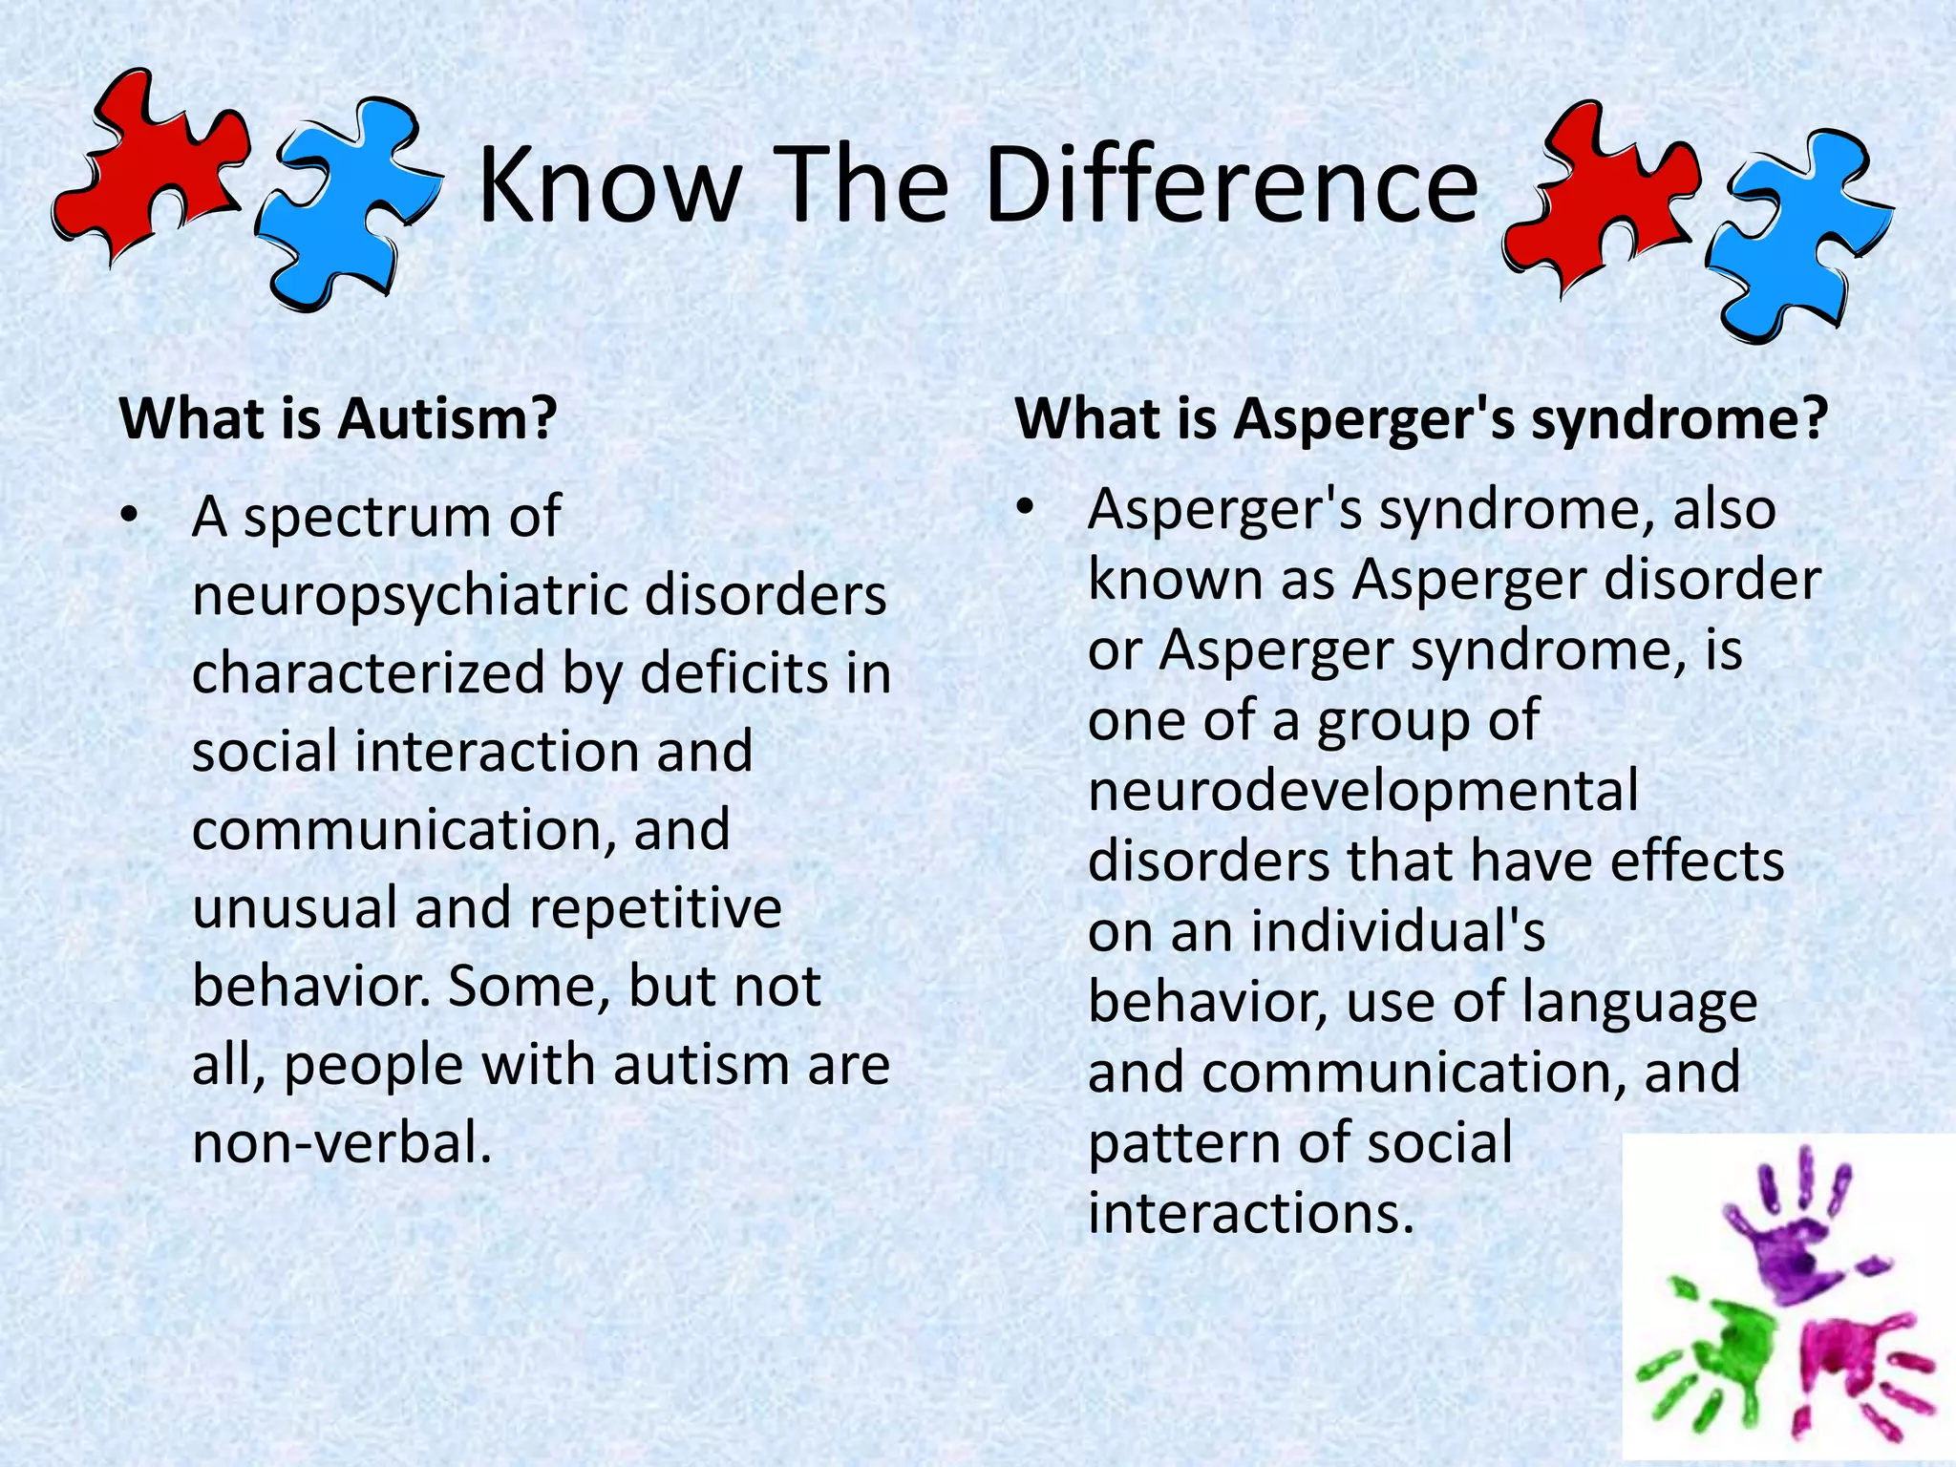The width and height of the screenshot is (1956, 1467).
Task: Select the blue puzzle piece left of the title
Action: [344, 205]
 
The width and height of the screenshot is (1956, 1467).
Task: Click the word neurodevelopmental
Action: [1363, 791]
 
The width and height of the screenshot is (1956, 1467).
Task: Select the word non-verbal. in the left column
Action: [342, 1142]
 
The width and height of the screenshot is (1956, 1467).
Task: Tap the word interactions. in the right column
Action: [1250, 1213]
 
